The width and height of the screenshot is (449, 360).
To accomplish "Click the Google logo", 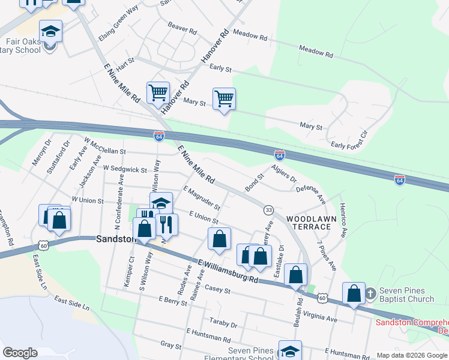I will point(20,353).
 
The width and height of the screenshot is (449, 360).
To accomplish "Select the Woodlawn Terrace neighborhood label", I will point(308,223).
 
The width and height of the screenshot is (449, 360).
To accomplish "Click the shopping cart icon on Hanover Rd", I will point(158,92).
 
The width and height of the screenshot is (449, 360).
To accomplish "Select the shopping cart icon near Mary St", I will point(224,98).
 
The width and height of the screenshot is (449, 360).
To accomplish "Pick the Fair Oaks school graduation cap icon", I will point(51,31).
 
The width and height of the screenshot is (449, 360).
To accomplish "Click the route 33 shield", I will point(268,209).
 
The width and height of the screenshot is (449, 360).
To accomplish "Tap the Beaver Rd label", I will point(182,28).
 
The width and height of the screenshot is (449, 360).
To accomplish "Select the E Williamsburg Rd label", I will point(228,271).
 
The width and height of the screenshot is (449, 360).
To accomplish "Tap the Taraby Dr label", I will point(224,323).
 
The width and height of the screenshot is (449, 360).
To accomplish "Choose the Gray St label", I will point(171,346).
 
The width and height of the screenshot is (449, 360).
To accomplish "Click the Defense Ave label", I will point(310,193).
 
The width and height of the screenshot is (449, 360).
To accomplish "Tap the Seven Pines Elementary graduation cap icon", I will point(290,350).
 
